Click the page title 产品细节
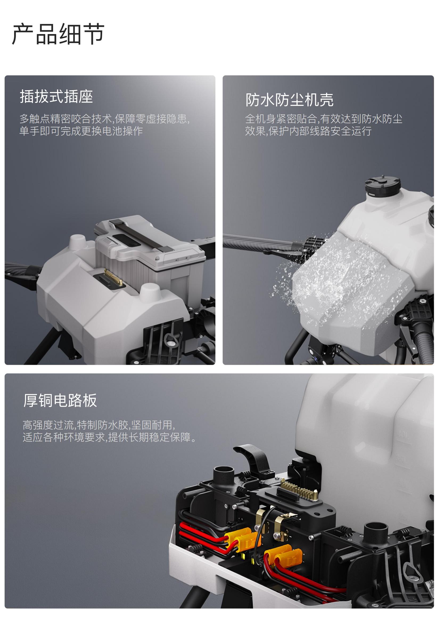[x=58, y=34]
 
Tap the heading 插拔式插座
[x=56, y=97]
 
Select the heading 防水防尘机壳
[x=289, y=100]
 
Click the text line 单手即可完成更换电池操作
[x=81, y=131]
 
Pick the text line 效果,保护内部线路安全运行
[x=308, y=131]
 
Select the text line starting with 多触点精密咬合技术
[x=104, y=119]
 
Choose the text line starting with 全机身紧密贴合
[x=324, y=119]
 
